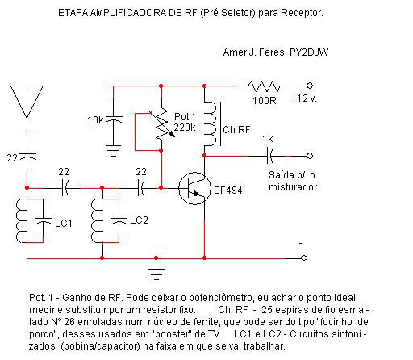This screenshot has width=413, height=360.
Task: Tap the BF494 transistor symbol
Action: [x=194, y=188]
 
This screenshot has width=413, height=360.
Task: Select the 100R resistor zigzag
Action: [x=264, y=86]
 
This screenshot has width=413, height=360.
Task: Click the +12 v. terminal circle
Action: [x=310, y=86]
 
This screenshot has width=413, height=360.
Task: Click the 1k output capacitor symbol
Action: [x=269, y=156]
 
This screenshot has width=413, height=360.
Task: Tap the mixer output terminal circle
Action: [x=310, y=156]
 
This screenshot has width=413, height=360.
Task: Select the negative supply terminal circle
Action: [x=304, y=257]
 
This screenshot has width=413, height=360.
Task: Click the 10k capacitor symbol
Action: [x=114, y=119]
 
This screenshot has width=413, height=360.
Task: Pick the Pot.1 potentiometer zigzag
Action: [x=161, y=124]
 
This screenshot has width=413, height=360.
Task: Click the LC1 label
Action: [x=64, y=224]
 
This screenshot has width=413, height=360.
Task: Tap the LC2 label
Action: [x=139, y=220]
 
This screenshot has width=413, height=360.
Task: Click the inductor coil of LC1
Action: [x=22, y=220]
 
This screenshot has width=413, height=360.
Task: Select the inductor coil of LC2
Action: [x=97, y=220]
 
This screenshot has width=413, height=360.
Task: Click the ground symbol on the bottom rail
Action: [x=156, y=270]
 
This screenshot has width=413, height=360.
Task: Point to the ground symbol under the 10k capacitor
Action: [x=113, y=151]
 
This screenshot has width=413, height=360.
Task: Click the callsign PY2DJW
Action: [x=309, y=52]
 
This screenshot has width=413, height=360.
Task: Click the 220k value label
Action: [x=185, y=128]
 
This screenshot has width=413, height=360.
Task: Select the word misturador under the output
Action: [x=294, y=186]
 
